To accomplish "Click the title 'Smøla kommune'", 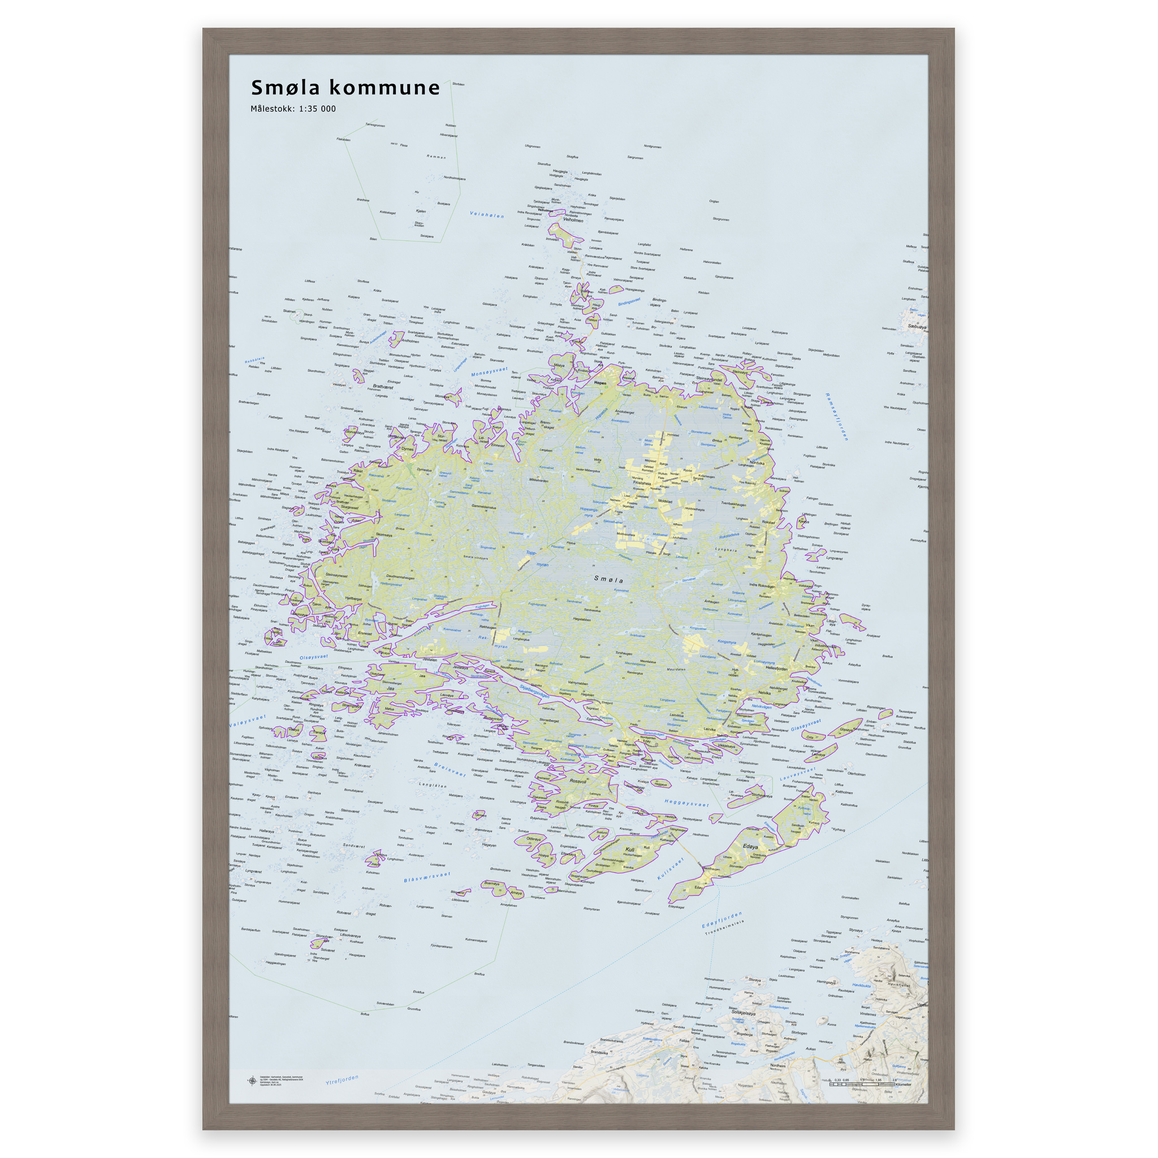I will [345, 88].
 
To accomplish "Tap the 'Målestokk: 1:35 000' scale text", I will [293, 109].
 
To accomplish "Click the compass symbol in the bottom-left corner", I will [252, 1081].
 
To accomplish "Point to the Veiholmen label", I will [572, 220].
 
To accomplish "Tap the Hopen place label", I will [600, 382].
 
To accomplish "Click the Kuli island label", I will [629, 849].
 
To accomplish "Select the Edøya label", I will [750, 846].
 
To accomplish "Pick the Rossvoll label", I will [578, 781].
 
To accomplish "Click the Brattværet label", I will [383, 387].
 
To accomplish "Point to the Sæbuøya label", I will [917, 327].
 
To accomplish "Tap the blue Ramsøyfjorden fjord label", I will [837, 417].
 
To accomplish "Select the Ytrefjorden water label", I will [342, 1080].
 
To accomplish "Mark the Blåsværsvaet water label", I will [427, 877].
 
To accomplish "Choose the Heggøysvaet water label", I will [687, 802].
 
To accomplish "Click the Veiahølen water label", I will [487, 214].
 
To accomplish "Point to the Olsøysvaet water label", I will [313, 657].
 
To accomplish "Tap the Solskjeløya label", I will [743, 1012].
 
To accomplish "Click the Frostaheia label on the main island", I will [641, 482].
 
